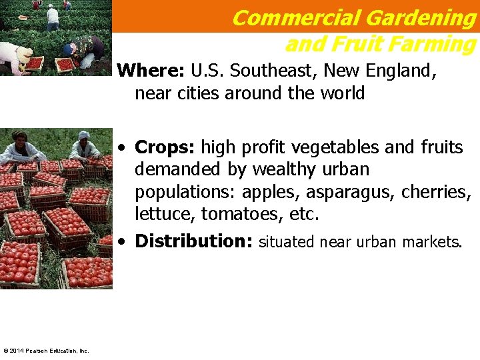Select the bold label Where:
pyautogui.click(x=151, y=71)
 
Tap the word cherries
pyautogui.click(x=436, y=192)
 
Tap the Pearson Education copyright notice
pyautogui.click(x=45, y=351)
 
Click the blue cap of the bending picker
pyautogui.click(x=69, y=48)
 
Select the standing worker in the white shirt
pyautogui.click(x=53, y=17)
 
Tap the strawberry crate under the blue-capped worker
pyautogui.click(x=65, y=65)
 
